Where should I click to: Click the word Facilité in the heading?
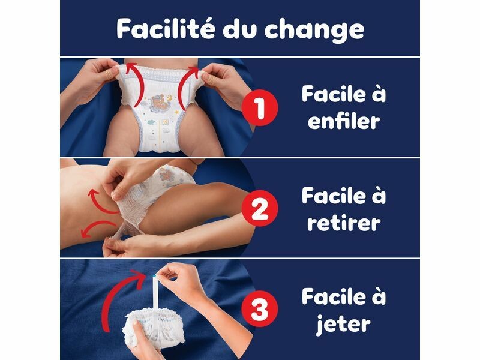pyautogui.click(x=166, y=28)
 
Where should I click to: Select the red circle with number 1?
pyautogui.click(x=260, y=107)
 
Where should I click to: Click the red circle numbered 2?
pyautogui.click(x=260, y=208)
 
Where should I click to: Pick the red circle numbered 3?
pyautogui.click(x=260, y=309)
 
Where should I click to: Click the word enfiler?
pyautogui.click(x=344, y=121)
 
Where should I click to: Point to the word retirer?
pyautogui.click(x=344, y=222)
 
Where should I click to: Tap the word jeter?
pyautogui.click(x=343, y=325)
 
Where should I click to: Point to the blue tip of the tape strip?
pyautogui.click(x=154, y=276)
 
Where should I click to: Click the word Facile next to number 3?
pyautogui.click(x=334, y=296)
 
